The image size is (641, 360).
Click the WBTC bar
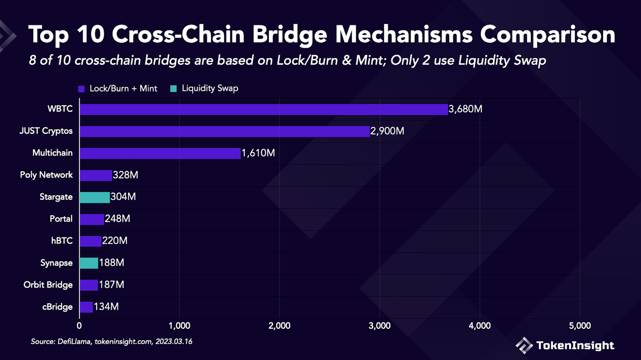(x=263, y=109)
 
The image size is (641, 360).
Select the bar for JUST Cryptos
(x=224, y=131)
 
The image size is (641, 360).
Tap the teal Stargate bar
(x=94, y=197)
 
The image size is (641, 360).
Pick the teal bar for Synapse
(x=89, y=263)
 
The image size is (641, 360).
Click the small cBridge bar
(x=86, y=307)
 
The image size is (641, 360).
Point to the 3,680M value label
(x=465, y=109)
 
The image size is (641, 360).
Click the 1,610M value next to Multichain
(x=258, y=153)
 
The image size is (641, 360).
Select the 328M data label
(x=125, y=175)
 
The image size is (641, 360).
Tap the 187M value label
(x=112, y=285)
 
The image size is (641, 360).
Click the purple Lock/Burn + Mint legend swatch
(x=81, y=89)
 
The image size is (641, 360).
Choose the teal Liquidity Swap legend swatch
(x=173, y=89)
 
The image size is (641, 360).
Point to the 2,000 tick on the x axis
(x=279, y=326)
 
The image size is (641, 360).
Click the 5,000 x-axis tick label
(x=579, y=326)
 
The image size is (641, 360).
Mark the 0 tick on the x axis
(x=79, y=326)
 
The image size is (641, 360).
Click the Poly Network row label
(x=46, y=175)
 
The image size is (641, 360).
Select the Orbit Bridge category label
(x=48, y=285)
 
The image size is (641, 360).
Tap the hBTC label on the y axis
(x=62, y=241)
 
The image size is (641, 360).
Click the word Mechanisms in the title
(x=404, y=34)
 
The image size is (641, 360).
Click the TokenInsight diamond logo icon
(x=523, y=345)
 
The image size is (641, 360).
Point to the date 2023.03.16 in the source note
(x=173, y=342)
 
